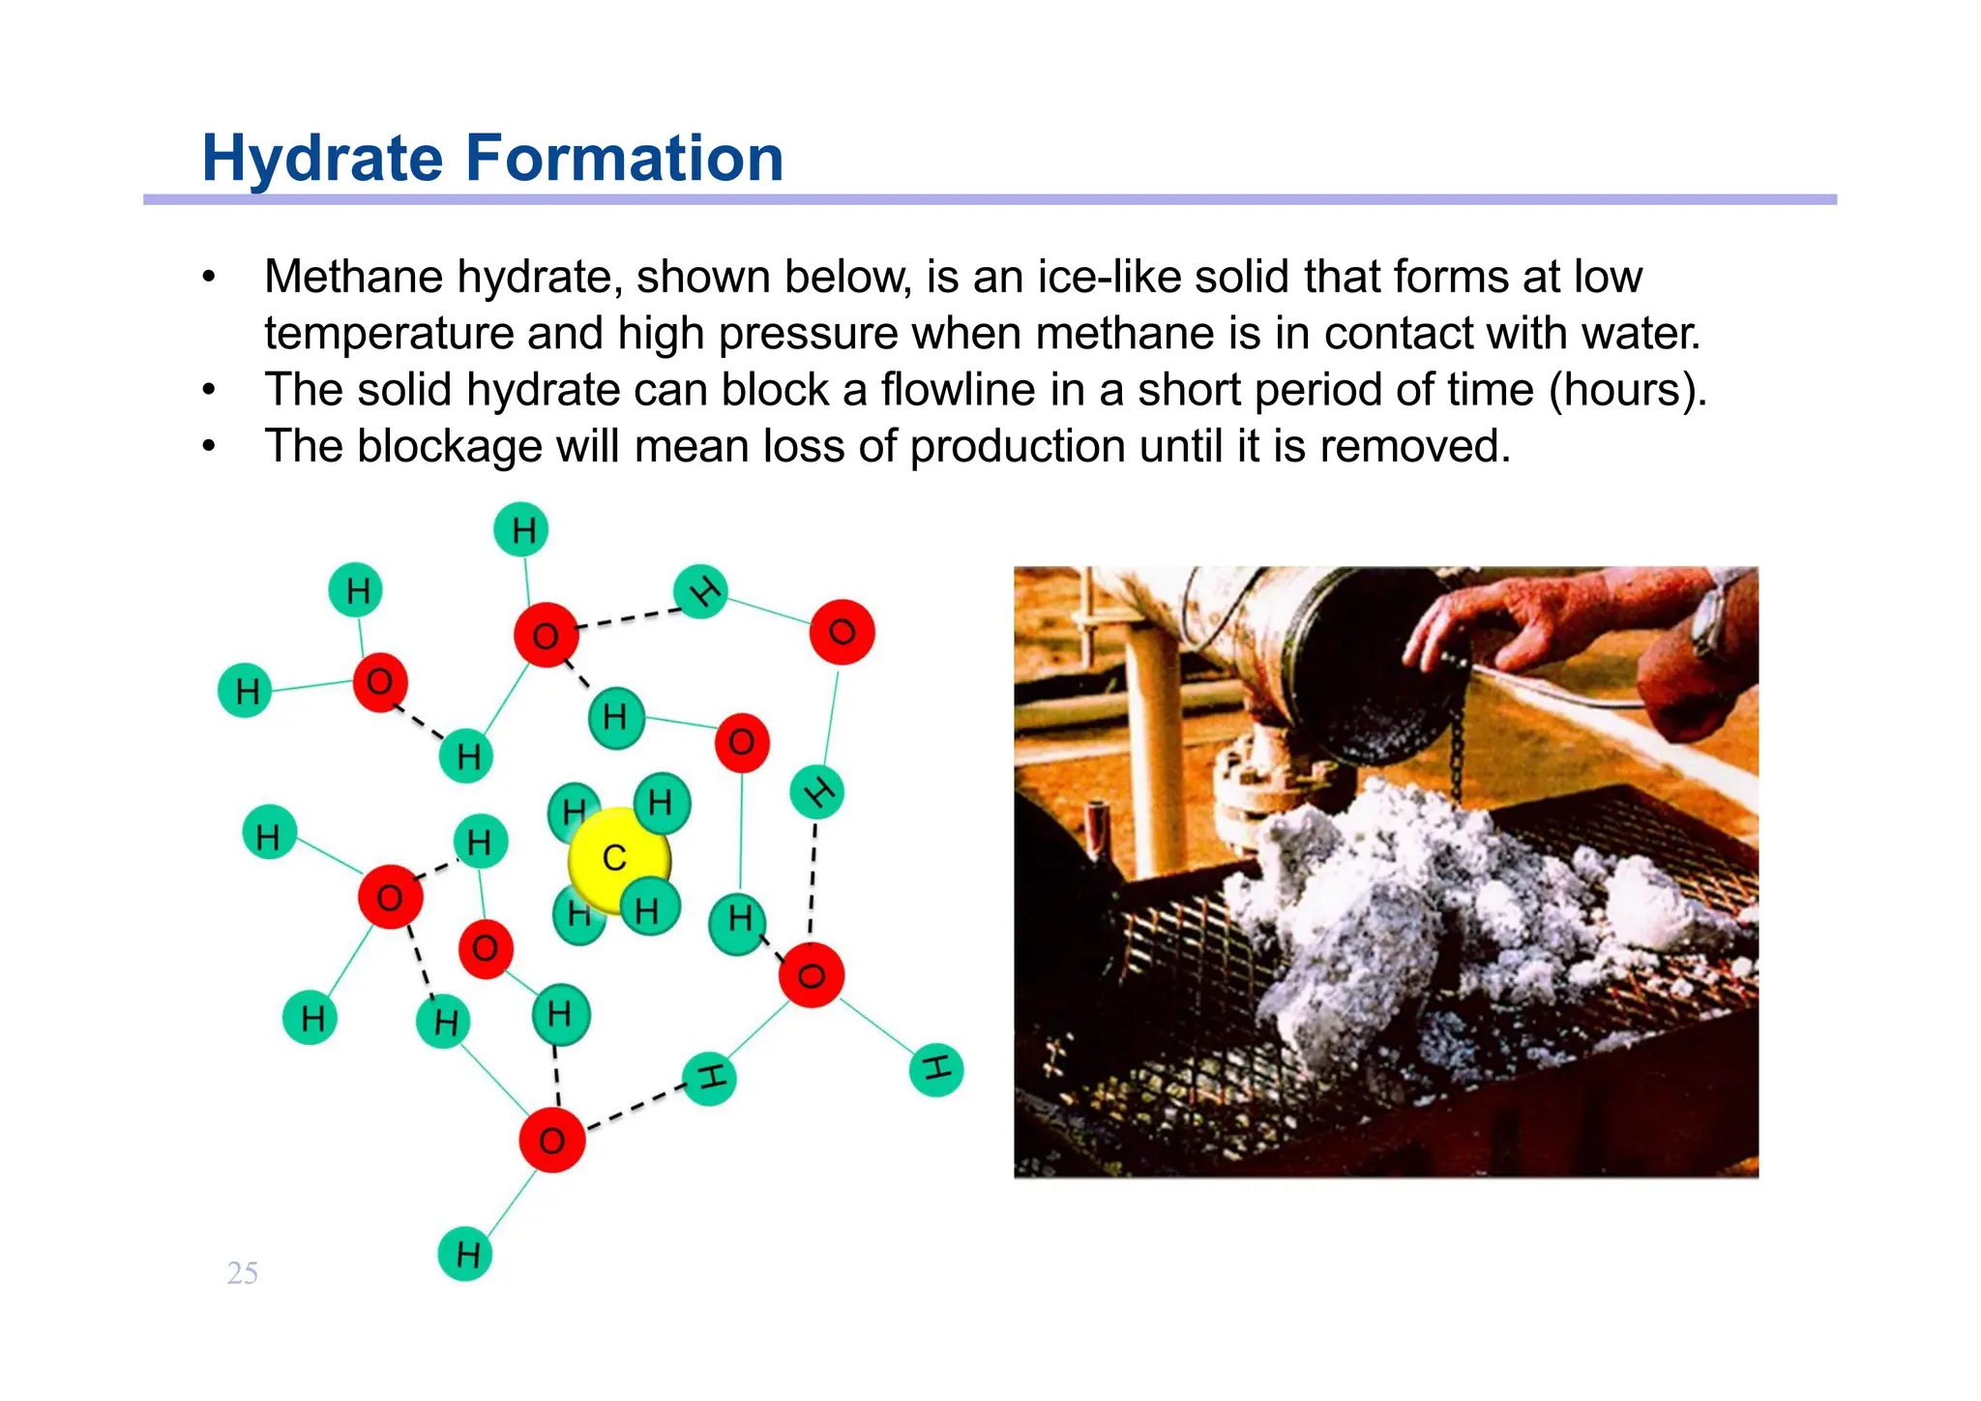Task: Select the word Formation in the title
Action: tap(625, 159)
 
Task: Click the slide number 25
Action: tap(242, 1273)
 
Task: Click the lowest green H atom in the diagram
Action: tap(465, 1254)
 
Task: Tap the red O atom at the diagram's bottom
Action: tap(551, 1140)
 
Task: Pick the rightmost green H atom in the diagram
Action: tap(936, 1069)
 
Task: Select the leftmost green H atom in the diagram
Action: tap(246, 691)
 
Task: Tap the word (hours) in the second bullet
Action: tap(1627, 390)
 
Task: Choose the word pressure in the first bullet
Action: tap(809, 335)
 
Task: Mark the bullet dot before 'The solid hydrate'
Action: tap(209, 391)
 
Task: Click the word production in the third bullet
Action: tap(1017, 447)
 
